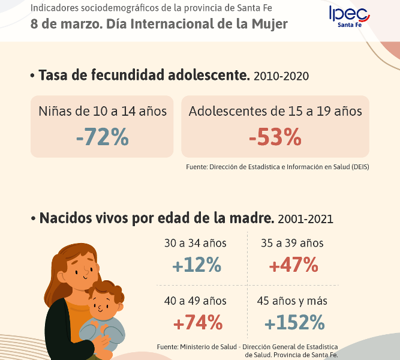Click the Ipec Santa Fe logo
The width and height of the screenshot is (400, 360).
tap(349, 16)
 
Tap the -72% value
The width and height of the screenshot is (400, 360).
tap(102, 137)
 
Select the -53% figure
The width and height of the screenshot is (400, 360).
tap(275, 137)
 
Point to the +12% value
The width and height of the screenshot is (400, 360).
tap(197, 265)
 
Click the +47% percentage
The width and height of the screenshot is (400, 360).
tap(293, 265)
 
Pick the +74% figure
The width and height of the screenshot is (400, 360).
tap(198, 323)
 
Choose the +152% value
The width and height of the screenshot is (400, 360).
tap(294, 323)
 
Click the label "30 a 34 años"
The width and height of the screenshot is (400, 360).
tap(196, 244)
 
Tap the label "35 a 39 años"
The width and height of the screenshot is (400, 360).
tap(292, 244)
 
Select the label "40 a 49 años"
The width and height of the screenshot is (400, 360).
tap(196, 301)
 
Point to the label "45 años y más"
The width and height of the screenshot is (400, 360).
tap(292, 301)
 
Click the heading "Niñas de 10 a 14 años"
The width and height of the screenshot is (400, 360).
tap(103, 111)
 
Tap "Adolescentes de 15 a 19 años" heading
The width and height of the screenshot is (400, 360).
tap(275, 111)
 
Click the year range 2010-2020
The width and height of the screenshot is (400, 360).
tap(282, 76)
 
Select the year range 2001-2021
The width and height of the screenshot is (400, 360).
tap(305, 219)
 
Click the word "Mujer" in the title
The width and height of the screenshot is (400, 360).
tap(270, 24)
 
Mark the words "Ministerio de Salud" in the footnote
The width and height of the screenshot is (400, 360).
tap(205, 347)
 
